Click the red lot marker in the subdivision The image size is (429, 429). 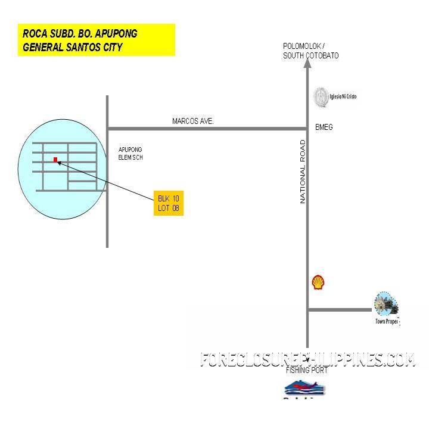pyautogui.click(x=55, y=160)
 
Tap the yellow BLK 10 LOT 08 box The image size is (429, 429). pyautogui.click(x=168, y=203)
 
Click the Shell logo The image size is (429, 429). pyautogui.click(x=318, y=282)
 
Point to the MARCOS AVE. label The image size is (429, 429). pyautogui.click(x=193, y=122)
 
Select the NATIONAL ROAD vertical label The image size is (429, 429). pyautogui.click(x=303, y=172)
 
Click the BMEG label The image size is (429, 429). pyautogui.click(x=324, y=128)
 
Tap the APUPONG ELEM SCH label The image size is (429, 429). pyautogui.click(x=130, y=154)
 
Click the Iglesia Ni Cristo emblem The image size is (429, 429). pyautogui.click(x=320, y=97)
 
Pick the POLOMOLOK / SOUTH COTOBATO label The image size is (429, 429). pyautogui.click(x=310, y=51)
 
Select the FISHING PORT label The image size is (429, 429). pyautogui.click(x=307, y=371)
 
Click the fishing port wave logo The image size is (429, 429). pyautogui.click(x=306, y=388)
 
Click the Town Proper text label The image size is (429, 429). pyautogui.click(x=387, y=322)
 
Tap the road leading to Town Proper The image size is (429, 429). pyautogui.click(x=340, y=310)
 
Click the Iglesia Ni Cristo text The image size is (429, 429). pyautogui.click(x=343, y=97)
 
